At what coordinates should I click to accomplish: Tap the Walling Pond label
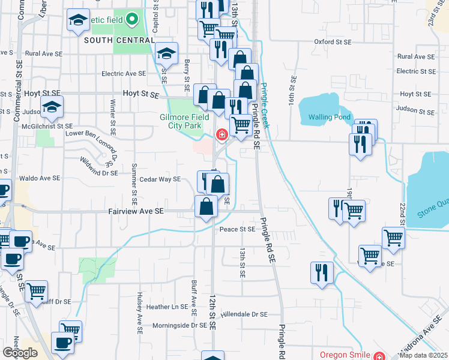329,117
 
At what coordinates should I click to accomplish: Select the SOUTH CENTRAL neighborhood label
118,40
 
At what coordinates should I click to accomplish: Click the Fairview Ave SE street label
136,212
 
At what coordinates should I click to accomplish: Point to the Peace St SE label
238,229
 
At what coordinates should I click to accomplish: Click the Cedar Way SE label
160,179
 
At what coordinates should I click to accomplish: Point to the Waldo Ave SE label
40,178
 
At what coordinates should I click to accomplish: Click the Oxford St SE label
333,42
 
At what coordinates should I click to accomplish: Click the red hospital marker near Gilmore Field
221,135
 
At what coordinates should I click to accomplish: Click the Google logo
20,353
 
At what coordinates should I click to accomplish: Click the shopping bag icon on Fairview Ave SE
206,207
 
